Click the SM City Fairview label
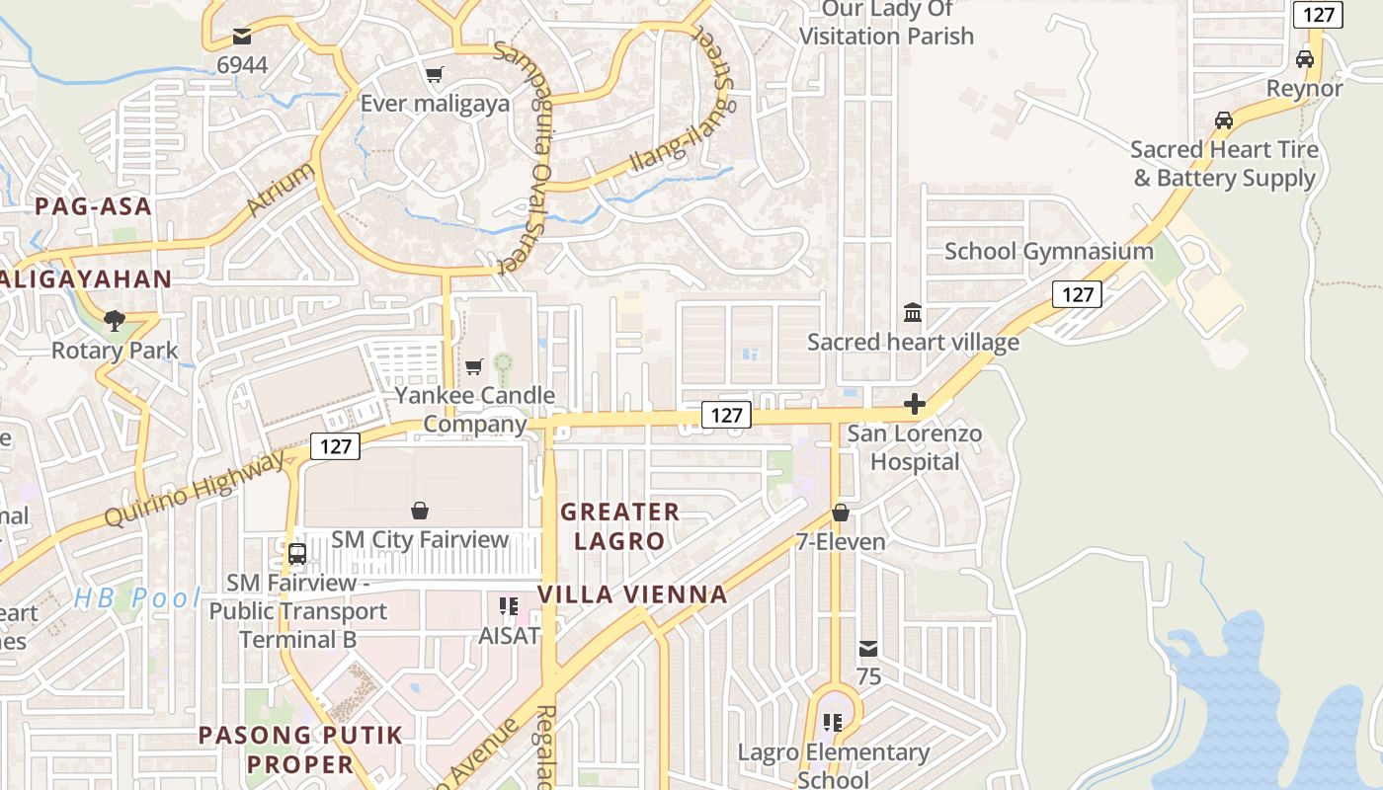tap(420, 539)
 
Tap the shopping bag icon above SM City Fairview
tap(420, 511)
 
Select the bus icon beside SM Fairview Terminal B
tap(297, 554)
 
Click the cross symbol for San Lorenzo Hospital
tap(915, 404)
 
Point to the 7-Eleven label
tap(841, 541)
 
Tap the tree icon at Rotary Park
tap(115, 320)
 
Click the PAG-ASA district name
tap(94, 206)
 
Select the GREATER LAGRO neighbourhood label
tap(619, 526)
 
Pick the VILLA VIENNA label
tap(632, 594)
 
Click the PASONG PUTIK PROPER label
tap(300, 750)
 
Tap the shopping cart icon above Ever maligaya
tap(434, 74)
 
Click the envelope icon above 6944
tap(242, 38)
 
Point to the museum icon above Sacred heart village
tap(913, 313)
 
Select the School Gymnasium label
tap(1048, 251)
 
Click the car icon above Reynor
tap(1305, 59)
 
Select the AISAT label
tap(509, 635)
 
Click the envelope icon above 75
tap(868, 649)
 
